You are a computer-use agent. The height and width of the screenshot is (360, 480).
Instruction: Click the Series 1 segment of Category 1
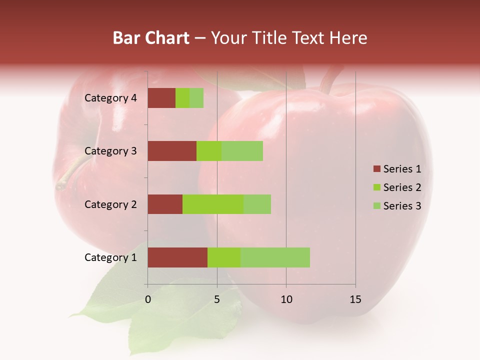click(x=177, y=257)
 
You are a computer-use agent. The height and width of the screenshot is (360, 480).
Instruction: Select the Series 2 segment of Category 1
click(x=224, y=257)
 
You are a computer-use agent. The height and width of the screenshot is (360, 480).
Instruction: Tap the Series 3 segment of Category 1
click(x=275, y=257)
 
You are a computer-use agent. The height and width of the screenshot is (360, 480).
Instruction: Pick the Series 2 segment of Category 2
click(x=213, y=204)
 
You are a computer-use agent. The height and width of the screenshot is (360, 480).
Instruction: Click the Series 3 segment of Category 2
click(x=257, y=204)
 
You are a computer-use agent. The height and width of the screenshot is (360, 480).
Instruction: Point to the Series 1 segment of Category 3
click(x=172, y=151)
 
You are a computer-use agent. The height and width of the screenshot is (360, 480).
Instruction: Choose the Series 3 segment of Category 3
click(x=242, y=151)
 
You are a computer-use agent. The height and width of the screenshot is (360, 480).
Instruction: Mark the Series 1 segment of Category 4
click(x=161, y=98)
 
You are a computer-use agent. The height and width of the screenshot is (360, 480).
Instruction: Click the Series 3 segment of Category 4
click(x=196, y=98)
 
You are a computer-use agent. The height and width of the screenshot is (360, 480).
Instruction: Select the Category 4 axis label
click(x=110, y=98)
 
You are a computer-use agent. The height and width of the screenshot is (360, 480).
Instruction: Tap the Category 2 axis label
click(x=110, y=204)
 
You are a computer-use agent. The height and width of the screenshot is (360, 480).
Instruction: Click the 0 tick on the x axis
click(x=148, y=299)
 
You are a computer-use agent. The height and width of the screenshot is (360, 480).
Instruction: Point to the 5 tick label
click(x=217, y=299)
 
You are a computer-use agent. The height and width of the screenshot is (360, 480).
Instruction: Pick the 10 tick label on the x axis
click(x=286, y=299)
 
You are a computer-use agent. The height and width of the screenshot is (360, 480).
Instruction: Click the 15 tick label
click(x=355, y=299)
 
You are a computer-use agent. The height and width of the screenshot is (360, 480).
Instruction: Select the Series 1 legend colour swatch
click(x=376, y=169)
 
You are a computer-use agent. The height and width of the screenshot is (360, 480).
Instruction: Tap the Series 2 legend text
click(x=402, y=187)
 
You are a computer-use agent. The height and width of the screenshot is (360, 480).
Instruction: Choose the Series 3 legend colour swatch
click(x=376, y=206)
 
